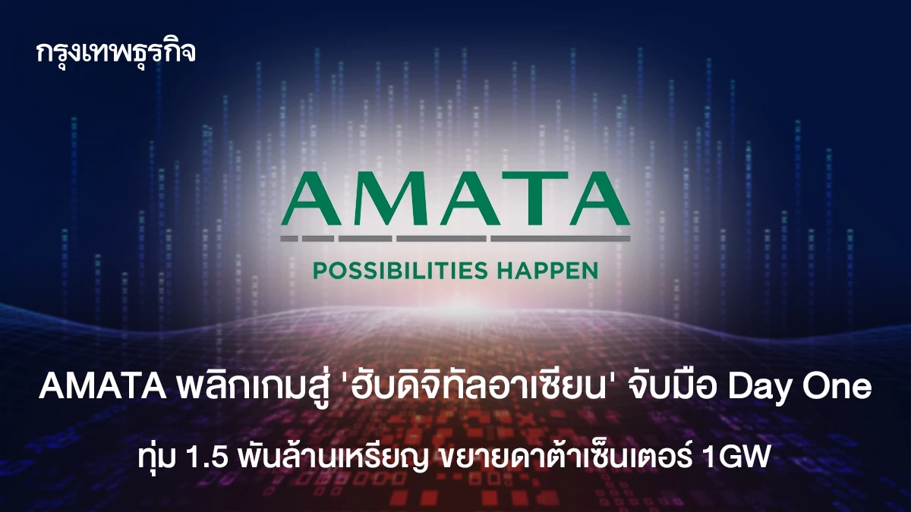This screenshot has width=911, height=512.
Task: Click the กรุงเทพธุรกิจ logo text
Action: coord(116,53)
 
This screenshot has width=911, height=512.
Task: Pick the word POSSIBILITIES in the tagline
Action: coord(400,271)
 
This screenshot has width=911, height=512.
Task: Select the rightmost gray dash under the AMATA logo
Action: coord(561,238)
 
